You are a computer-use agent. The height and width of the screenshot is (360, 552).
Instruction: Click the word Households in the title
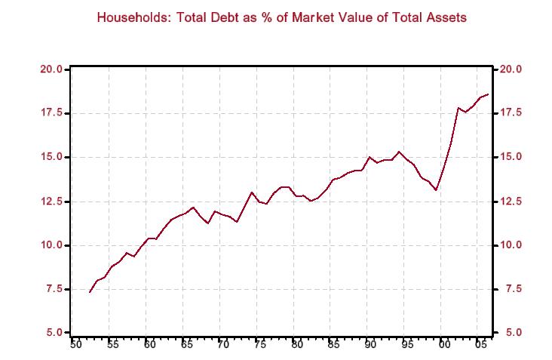tap(130, 17)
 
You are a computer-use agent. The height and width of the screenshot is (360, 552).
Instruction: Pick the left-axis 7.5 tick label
tap(53, 289)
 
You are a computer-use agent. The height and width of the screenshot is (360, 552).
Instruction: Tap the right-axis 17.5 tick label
tap(509, 113)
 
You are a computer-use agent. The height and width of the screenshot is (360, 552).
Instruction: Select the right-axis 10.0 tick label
tap(509, 245)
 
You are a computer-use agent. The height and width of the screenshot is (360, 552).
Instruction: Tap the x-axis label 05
tap(480, 345)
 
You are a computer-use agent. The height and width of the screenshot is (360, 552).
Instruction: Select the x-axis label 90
tap(369, 345)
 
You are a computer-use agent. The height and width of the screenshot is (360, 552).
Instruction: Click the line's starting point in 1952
tap(90, 292)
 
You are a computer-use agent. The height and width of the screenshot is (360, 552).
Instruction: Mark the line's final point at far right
tap(488, 94)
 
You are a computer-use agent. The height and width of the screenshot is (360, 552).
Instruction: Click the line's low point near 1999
tap(436, 190)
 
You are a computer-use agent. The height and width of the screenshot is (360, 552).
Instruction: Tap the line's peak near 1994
tap(399, 152)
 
